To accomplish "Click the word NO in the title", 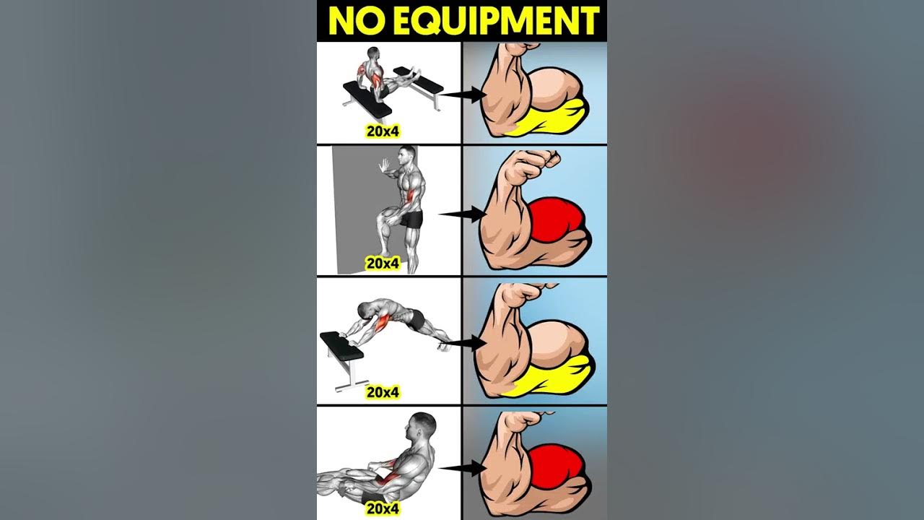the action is [357, 21].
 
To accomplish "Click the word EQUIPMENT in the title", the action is [496, 21].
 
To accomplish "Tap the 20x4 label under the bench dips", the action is [383, 131].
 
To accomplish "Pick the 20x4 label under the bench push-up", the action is [383, 392].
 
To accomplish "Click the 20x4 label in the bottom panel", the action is [383, 509].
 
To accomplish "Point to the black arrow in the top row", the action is [463, 95].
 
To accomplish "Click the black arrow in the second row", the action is [463, 214].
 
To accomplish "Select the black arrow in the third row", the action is [463, 342].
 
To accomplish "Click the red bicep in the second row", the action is [555, 221].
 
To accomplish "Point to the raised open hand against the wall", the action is [384, 166].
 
